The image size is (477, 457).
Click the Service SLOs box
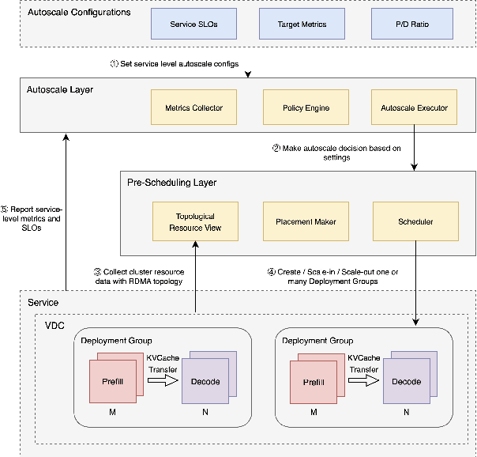[x=193, y=25]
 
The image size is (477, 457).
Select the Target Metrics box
[x=302, y=25]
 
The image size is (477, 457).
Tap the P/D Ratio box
[x=411, y=25]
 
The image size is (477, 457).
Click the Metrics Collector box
[x=193, y=108]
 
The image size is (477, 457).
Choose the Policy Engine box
[x=305, y=108]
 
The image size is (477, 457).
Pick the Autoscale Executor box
[x=414, y=108]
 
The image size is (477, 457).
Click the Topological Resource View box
[x=195, y=221]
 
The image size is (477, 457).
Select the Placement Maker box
[x=305, y=221]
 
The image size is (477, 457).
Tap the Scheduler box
[x=414, y=221]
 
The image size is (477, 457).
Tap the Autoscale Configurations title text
[x=79, y=13]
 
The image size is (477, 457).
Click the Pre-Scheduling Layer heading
[x=171, y=183]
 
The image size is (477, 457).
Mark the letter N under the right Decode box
[x=407, y=411]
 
